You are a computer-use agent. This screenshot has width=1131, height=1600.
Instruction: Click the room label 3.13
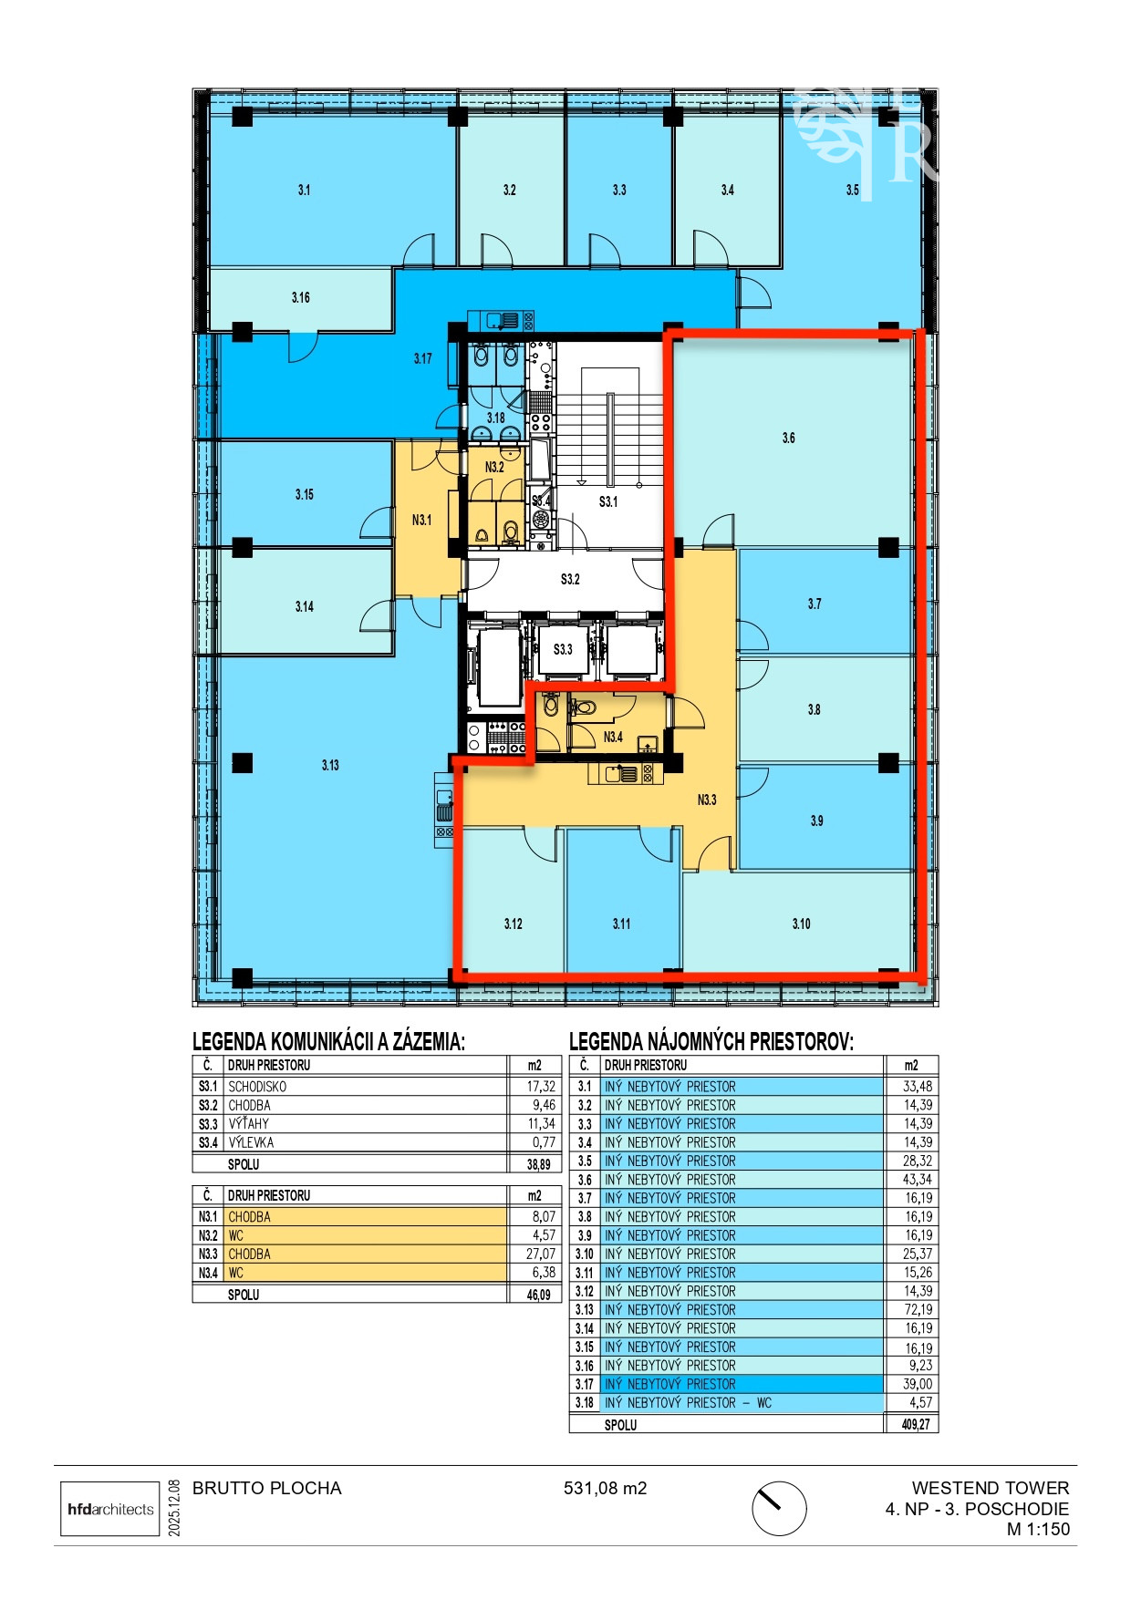click(x=330, y=765)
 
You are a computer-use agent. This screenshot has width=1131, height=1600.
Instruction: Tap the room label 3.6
click(x=789, y=439)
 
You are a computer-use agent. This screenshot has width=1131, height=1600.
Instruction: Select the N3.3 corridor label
click(x=707, y=800)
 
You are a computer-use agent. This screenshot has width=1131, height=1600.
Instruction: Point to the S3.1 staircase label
click(x=608, y=501)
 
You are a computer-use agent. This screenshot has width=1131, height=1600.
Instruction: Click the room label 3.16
click(x=301, y=297)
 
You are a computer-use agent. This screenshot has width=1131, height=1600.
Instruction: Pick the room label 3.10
click(x=802, y=924)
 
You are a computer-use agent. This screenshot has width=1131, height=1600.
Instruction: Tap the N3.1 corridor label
click(x=421, y=520)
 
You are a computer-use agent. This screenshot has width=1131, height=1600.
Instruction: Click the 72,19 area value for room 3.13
click(x=918, y=1309)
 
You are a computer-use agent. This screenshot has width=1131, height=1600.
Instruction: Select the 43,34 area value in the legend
click(x=918, y=1179)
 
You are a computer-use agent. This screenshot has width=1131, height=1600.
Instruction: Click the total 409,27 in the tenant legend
click(x=917, y=1424)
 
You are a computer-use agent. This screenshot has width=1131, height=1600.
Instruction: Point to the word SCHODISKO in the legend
click(x=257, y=1087)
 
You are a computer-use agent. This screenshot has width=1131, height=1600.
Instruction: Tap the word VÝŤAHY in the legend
click(x=249, y=1123)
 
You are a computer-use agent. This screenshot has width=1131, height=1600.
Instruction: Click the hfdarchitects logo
click(x=110, y=1509)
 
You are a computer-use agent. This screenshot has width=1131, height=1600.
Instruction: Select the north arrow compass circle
click(x=779, y=1509)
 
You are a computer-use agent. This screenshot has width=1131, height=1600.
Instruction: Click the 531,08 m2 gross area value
click(x=605, y=1489)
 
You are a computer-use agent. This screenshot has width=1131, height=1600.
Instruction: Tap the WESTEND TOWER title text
click(x=991, y=1489)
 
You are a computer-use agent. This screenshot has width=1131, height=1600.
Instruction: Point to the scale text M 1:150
click(x=1038, y=1530)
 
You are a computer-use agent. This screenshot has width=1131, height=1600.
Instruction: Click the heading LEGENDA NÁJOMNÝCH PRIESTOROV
click(x=711, y=1041)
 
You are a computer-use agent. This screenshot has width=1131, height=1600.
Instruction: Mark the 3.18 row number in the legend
click(x=585, y=1403)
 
